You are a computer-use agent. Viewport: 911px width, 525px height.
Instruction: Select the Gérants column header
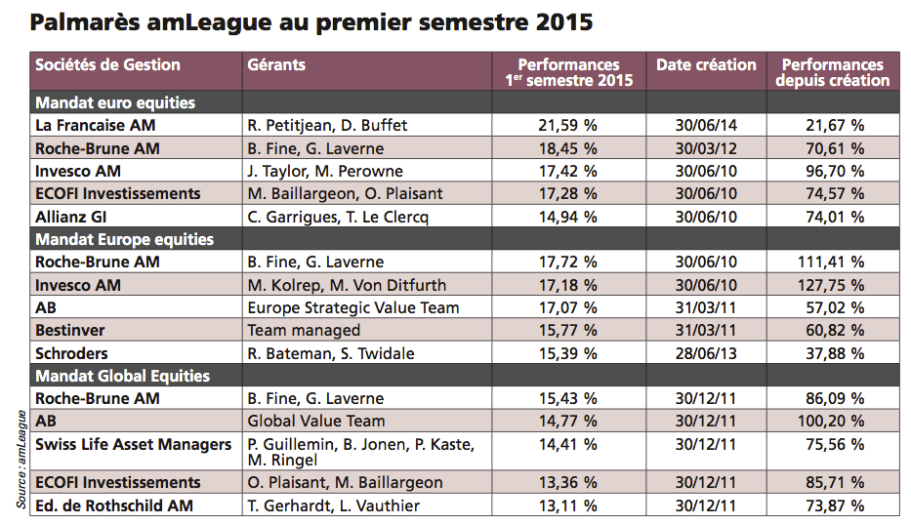coord(276,65)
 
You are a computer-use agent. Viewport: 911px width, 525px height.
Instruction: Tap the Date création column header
coord(705,65)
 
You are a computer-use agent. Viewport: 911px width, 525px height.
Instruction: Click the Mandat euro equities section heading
coord(115,102)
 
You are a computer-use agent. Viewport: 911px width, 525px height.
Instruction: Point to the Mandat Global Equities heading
coord(122,376)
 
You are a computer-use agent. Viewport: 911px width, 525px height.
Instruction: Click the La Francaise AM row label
coord(95,126)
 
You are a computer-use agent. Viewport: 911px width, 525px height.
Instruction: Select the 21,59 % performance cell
coord(567,126)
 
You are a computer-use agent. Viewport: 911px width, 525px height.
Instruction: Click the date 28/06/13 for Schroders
coord(705,353)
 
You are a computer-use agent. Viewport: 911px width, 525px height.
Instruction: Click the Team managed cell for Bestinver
coord(304,331)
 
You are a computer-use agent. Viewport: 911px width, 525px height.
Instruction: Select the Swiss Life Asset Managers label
coord(133,445)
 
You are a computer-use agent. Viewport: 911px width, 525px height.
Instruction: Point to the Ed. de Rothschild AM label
coord(113,505)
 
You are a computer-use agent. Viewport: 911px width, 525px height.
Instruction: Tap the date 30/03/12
coord(705,148)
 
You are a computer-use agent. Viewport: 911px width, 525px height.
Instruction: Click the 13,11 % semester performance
coord(567,505)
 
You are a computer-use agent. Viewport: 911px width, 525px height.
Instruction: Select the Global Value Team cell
coord(315,422)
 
